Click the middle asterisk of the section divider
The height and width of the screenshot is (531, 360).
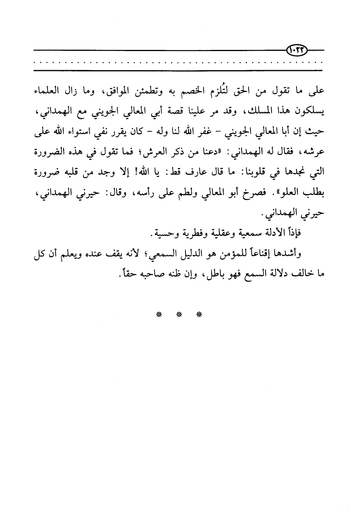pos(179,315)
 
